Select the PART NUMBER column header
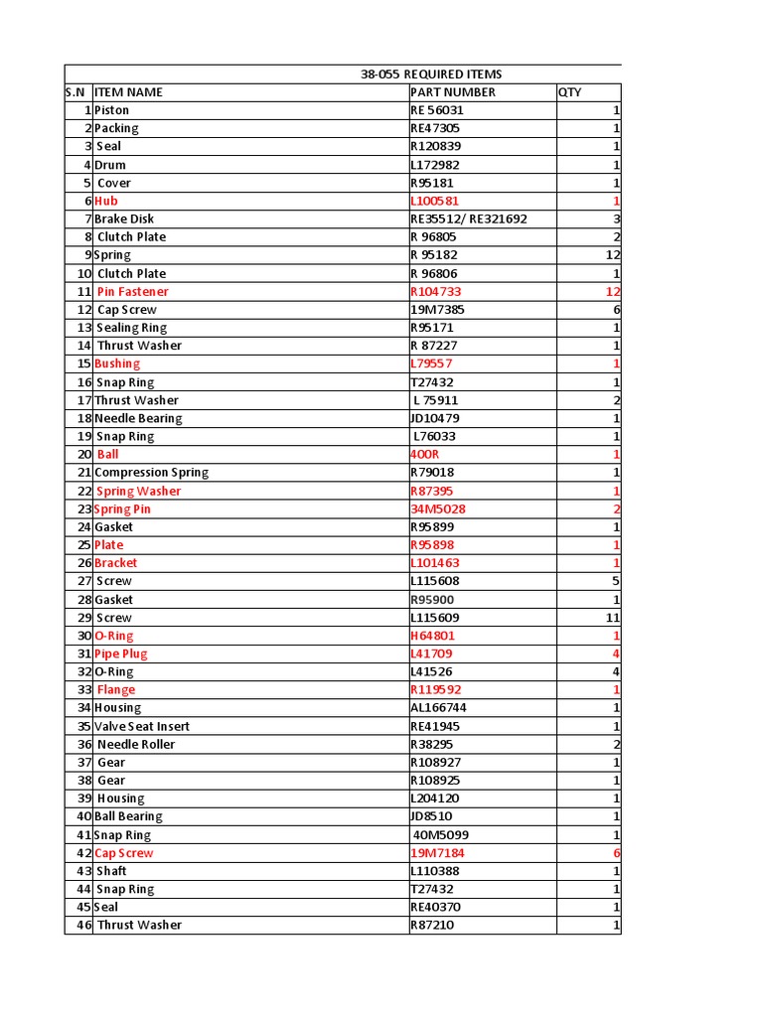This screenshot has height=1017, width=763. pyautogui.click(x=452, y=92)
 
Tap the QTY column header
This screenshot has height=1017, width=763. pyautogui.click(x=569, y=92)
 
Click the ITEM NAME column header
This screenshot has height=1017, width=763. pyautogui.click(x=128, y=92)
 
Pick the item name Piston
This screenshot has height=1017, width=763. pyautogui.click(x=111, y=110)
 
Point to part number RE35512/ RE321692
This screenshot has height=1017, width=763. pyautogui.click(x=469, y=218)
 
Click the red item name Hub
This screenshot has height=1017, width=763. pyautogui.click(x=105, y=201)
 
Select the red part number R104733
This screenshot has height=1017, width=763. pyautogui.click(x=436, y=292)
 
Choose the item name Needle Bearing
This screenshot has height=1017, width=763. pyautogui.click(x=138, y=418)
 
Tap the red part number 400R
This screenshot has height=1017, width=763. pyautogui.click(x=424, y=455)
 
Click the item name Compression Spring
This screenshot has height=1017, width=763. pyautogui.click(x=151, y=473)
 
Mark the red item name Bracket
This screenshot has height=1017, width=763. pyautogui.click(x=115, y=563)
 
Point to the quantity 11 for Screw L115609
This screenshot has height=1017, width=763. pyautogui.click(x=612, y=618)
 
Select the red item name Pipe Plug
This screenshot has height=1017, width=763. pyautogui.click(x=120, y=654)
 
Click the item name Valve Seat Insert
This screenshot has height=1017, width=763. pyautogui.click(x=141, y=726)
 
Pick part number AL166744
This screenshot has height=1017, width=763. pyautogui.click(x=438, y=708)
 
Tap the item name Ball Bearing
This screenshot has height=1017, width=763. pyautogui.click(x=128, y=816)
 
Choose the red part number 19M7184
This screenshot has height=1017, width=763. pyautogui.click(x=437, y=853)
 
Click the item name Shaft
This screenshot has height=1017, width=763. pyautogui.click(x=111, y=871)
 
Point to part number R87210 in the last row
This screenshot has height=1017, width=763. pyautogui.click(x=434, y=926)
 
